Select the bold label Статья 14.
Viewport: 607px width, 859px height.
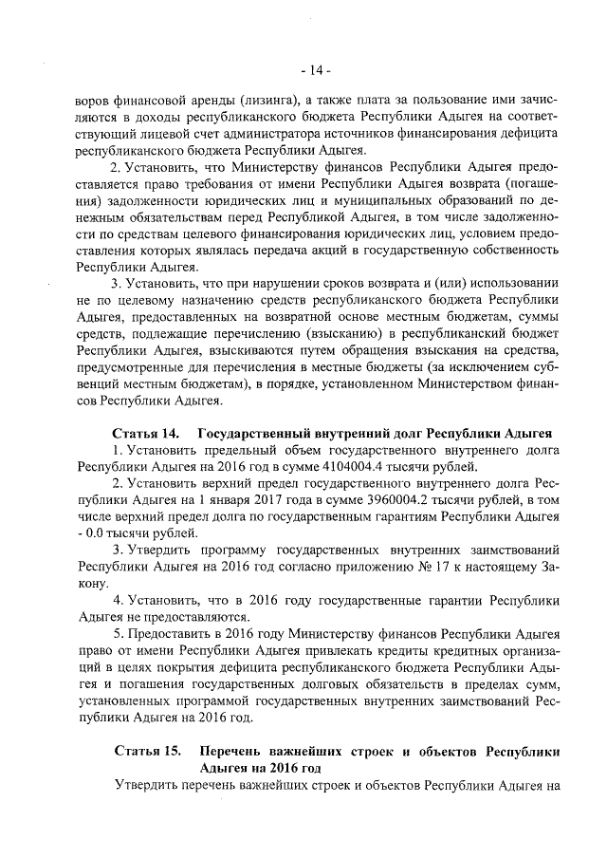tap(147, 433)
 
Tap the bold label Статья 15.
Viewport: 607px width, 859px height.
tap(147, 751)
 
